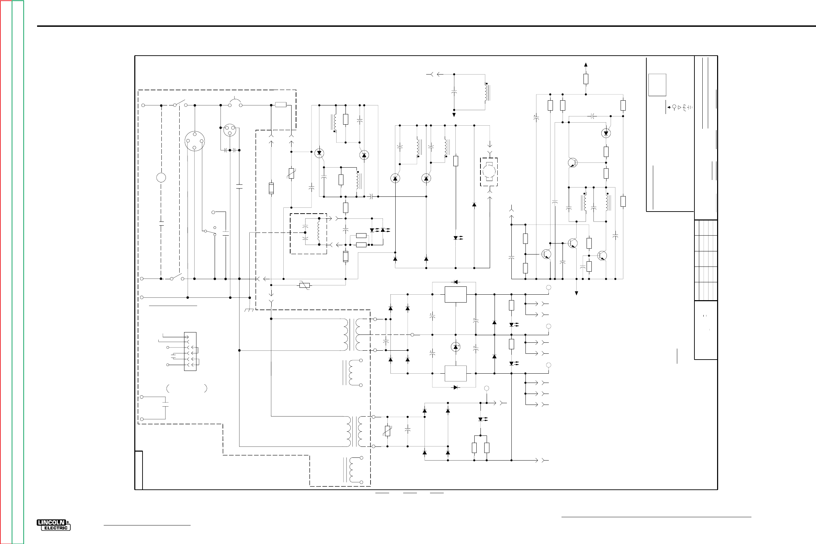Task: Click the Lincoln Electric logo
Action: click(x=54, y=525)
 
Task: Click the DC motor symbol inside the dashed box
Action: click(x=489, y=172)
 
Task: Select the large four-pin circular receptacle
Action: click(x=195, y=141)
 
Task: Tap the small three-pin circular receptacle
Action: click(x=229, y=130)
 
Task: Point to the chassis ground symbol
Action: click(x=249, y=309)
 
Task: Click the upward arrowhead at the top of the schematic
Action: click(x=586, y=65)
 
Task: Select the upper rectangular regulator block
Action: click(x=455, y=295)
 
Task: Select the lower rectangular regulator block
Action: click(x=455, y=373)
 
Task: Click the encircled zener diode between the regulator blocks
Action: click(x=455, y=347)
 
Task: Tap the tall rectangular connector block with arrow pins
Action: click(x=190, y=351)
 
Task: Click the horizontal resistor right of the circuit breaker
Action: click(x=281, y=105)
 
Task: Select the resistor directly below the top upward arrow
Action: click(x=586, y=79)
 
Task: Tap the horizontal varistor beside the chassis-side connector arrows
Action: click(x=304, y=285)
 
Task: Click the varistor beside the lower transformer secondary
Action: click(x=387, y=431)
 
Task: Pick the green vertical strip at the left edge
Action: click(x=18, y=272)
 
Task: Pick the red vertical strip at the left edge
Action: click(x=6, y=272)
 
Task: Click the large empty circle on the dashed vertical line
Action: click(x=161, y=178)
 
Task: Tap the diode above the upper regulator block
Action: click(x=455, y=282)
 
